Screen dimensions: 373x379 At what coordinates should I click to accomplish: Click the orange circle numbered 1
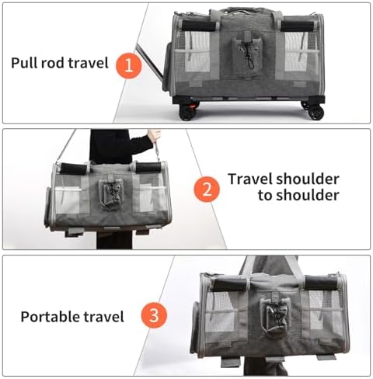[x=129, y=65]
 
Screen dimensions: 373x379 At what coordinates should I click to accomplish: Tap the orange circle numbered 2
[x=207, y=189]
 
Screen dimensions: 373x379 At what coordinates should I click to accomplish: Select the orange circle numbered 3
[x=154, y=315]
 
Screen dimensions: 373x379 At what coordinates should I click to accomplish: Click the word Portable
[x=50, y=316]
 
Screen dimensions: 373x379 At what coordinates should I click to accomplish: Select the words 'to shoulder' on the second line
[x=298, y=195]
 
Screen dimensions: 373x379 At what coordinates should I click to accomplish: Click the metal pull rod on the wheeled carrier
[x=149, y=61]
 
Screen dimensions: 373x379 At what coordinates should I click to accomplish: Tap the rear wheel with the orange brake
[x=188, y=111]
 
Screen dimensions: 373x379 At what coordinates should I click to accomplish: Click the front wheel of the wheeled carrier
[x=314, y=110]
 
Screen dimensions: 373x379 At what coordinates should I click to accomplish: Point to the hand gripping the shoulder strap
[x=154, y=136]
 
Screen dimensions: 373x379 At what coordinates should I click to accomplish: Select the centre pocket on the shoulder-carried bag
[x=110, y=192]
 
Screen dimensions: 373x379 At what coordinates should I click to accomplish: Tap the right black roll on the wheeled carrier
[x=298, y=26]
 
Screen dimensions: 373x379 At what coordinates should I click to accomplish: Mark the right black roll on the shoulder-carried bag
[x=148, y=168]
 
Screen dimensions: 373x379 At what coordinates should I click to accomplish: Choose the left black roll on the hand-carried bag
[x=230, y=284]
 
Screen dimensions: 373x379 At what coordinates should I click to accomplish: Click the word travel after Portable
[x=103, y=316]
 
